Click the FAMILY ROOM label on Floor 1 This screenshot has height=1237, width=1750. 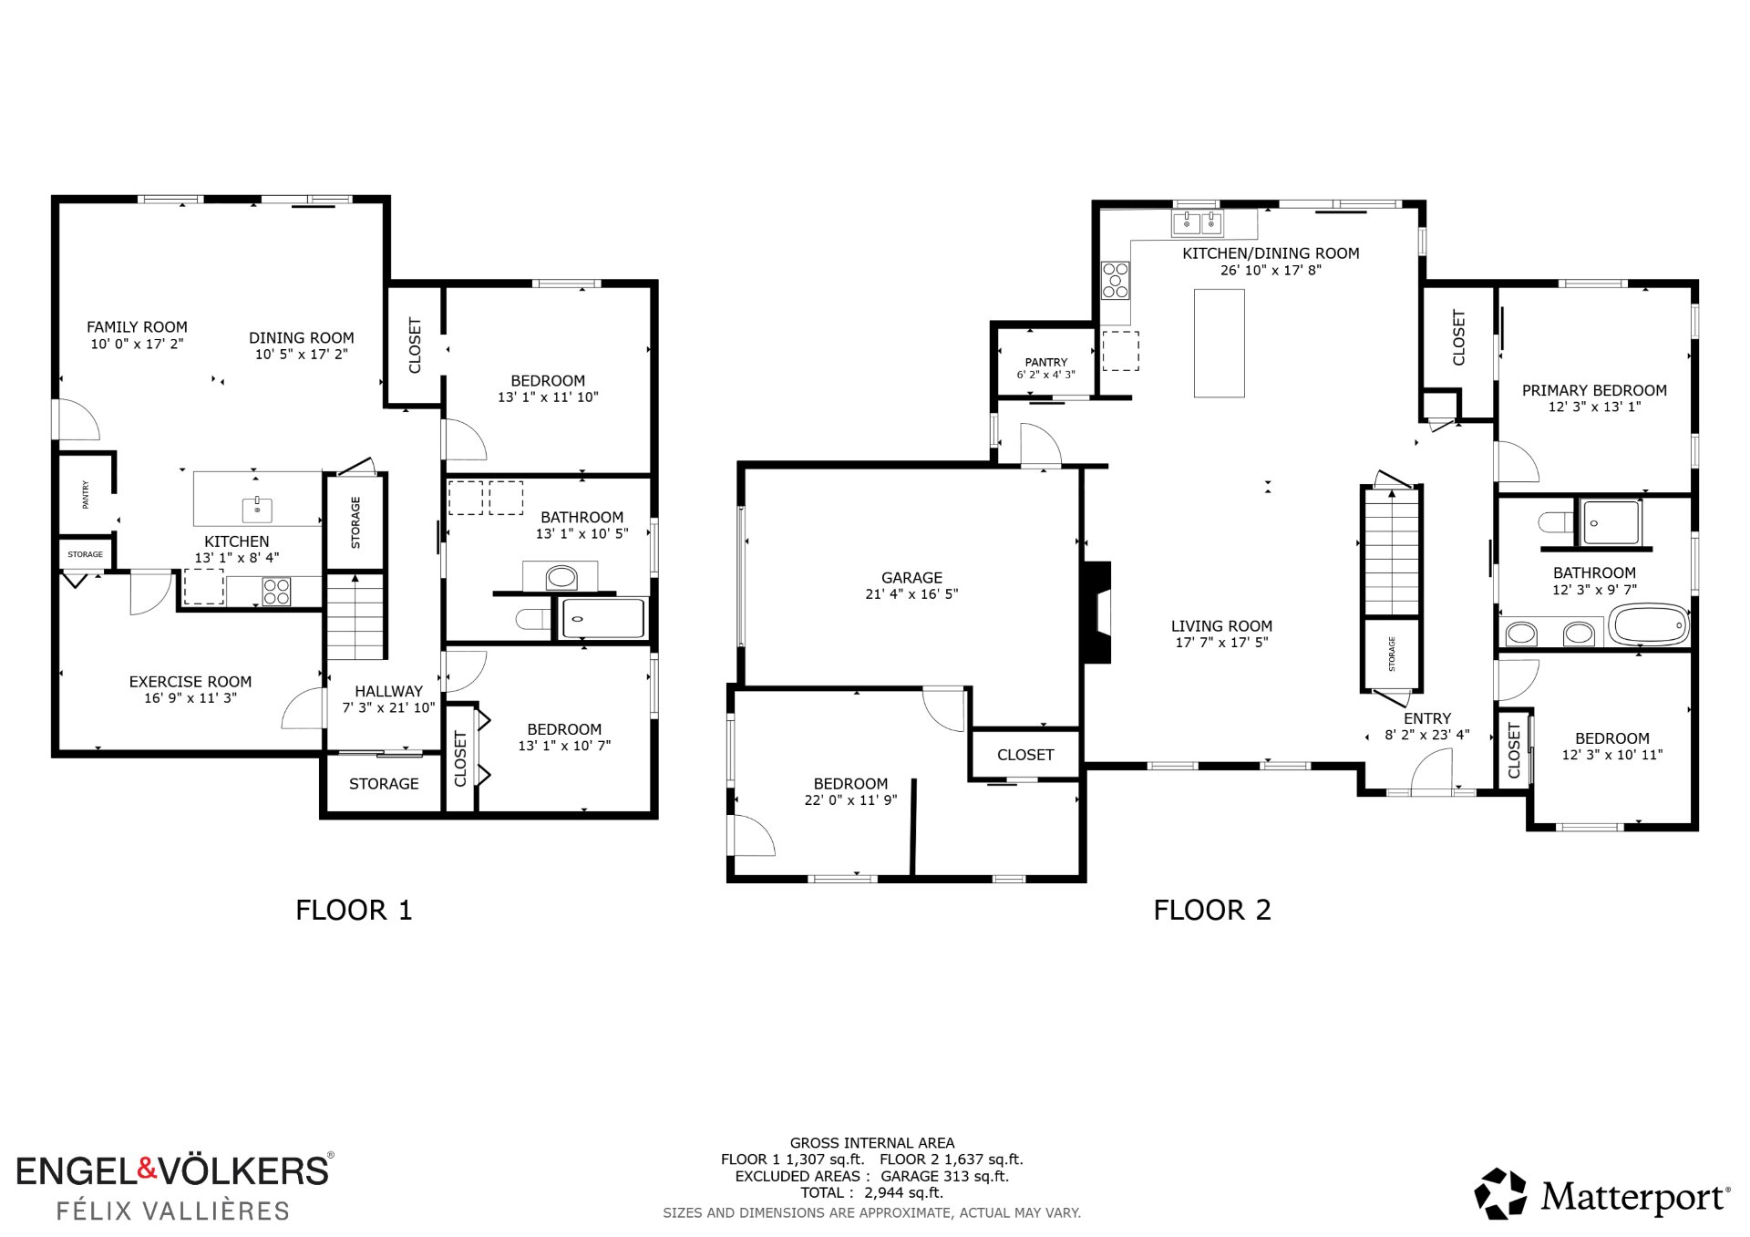coord(137,327)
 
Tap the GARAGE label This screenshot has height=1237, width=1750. coord(911,578)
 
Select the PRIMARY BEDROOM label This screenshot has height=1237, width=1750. coord(1594,390)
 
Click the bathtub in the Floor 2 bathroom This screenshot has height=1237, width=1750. coord(1649,625)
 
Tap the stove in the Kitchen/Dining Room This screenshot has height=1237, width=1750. coord(1116,281)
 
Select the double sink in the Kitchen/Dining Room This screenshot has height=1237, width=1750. coord(1198,222)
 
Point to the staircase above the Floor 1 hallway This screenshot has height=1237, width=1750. coord(355,616)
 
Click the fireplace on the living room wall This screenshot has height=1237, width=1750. coord(1097,612)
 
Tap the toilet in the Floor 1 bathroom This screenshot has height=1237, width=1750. coord(532,620)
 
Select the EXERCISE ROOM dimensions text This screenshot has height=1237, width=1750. coord(190,698)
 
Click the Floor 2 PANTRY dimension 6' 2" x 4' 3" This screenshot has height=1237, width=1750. coord(1045,375)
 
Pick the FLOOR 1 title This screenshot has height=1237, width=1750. coord(354,910)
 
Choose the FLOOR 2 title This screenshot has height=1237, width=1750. coord(1212,910)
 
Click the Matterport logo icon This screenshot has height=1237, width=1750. coord(1500,1194)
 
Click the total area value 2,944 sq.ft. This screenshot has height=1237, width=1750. coord(903,1192)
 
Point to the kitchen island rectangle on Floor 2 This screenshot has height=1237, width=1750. coord(1220,344)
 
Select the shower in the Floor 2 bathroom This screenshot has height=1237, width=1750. coord(1611,523)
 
